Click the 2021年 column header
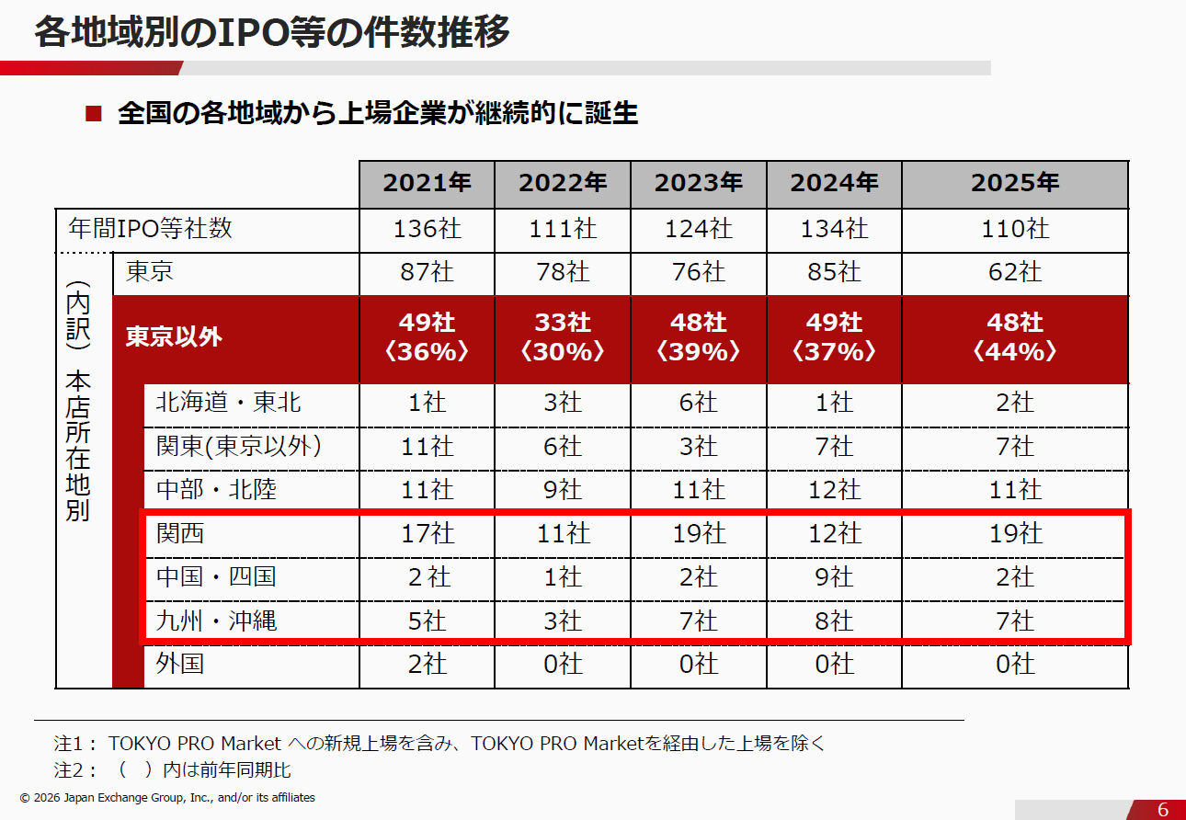pos(427,183)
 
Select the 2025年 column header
pos(1015,183)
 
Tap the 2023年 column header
pos(698,183)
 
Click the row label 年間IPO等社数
pos(151,228)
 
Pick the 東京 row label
pos(149,271)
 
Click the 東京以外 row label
pos(175,336)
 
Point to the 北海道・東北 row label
pos(229,402)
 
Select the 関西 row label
pos(180,533)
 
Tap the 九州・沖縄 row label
pos(216,621)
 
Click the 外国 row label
pos(180,663)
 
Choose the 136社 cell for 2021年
pos(427,228)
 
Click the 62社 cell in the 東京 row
pos(1015,272)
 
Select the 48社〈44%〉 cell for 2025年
pos(1015,337)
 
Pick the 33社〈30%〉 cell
pos(563,337)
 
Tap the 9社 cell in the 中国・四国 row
pos(834,577)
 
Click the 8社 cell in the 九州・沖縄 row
pos(834,621)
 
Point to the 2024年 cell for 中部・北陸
pos(834,490)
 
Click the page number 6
pos(1162,809)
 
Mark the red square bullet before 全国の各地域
pos(92,114)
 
